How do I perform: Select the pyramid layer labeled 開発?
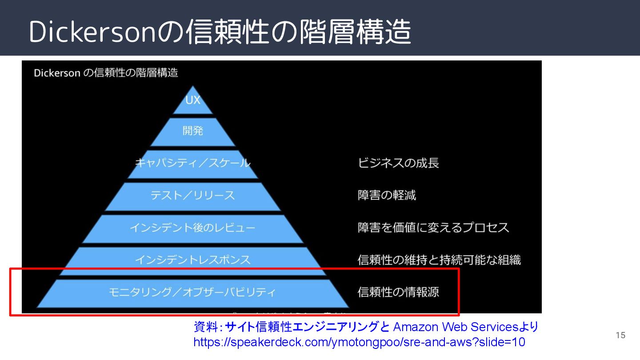pyautogui.click(x=193, y=131)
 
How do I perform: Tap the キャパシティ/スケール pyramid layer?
pyautogui.click(x=193, y=163)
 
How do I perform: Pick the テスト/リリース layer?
pyautogui.click(x=193, y=195)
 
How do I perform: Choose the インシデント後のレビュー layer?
pyautogui.click(x=193, y=228)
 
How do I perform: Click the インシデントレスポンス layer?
pyautogui.click(x=193, y=260)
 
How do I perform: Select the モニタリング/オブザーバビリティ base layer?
pyautogui.click(x=193, y=292)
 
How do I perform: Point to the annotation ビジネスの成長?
pyautogui.click(x=398, y=163)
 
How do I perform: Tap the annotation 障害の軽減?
pyautogui.click(x=387, y=195)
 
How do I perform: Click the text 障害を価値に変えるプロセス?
pyautogui.click(x=433, y=228)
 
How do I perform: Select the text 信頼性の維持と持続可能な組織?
pyautogui.click(x=439, y=260)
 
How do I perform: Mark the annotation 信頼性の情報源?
pyautogui.click(x=398, y=292)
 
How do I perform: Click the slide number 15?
pyautogui.click(x=620, y=335)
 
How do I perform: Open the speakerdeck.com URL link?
pyautogui.click(x=359, y=342)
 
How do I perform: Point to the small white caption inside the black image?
pyautogui.click(x=106, y=72)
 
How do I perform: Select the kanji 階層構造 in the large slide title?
pyautogui.click(x=356, y=32)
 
